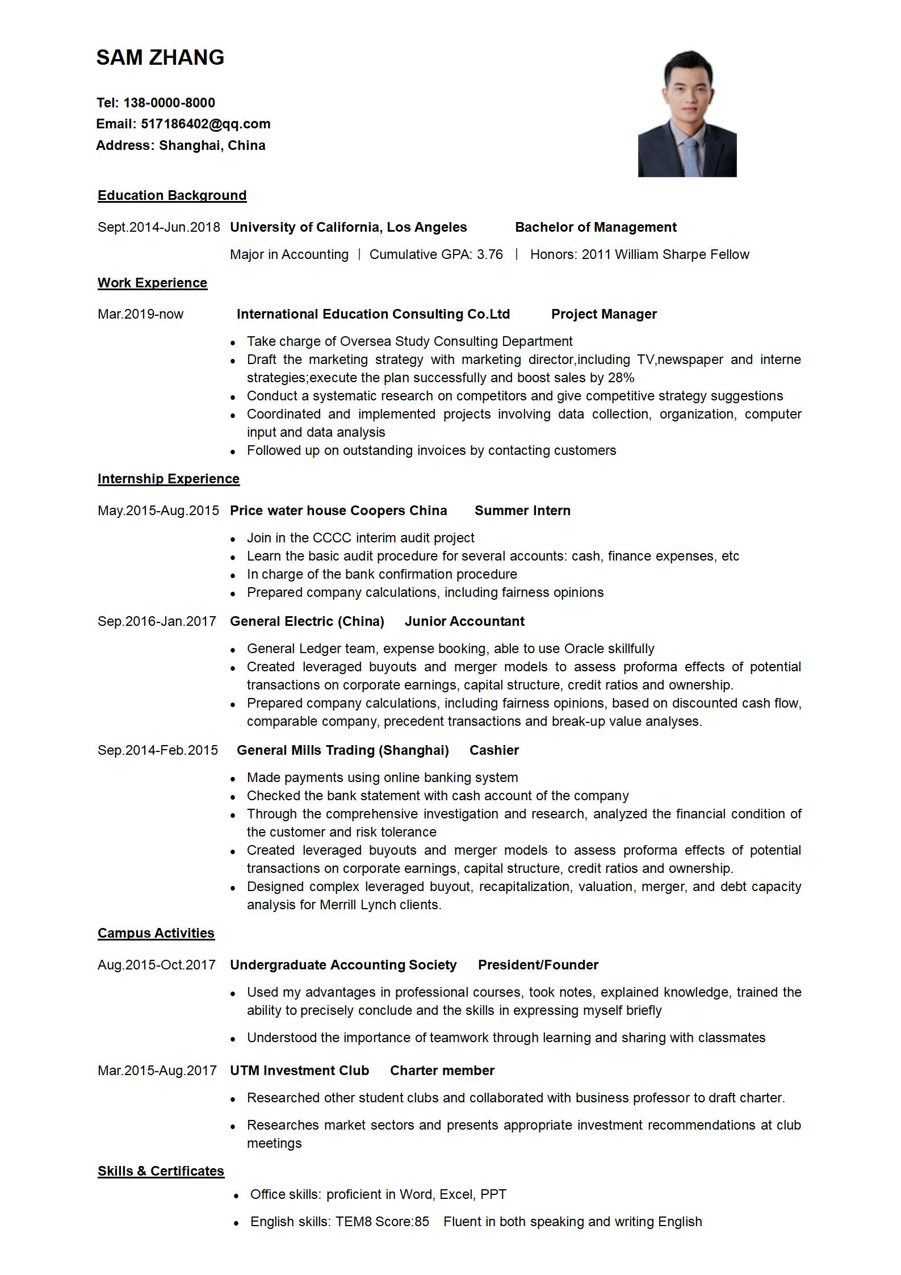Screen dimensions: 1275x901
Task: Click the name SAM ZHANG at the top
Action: tap(160, 57)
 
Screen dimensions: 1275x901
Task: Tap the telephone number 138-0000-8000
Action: tap(169, 103)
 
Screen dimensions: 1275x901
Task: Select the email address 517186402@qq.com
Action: tap(206, 124)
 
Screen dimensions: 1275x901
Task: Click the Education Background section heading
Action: tap(172, 195)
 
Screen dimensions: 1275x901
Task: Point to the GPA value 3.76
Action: tap(490, 254)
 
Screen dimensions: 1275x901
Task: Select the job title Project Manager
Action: tap(604, 314)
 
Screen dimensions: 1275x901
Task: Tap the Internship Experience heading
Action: tap(169, 479)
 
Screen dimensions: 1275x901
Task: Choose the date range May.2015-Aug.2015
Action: tap(158, 511)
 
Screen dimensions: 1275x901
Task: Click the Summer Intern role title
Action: tap(522, 511)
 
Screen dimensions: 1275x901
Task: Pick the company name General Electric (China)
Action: tap(307, 621)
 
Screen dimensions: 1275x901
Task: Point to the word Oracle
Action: tap(584, 649)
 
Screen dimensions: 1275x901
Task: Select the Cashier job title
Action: tap(494, 750)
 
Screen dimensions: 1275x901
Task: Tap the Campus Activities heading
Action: tap(156, 933)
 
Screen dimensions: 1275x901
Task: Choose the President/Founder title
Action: tap(538, 965)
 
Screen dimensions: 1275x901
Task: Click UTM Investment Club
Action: tap(299, 1071)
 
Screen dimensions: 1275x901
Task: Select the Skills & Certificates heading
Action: tap(161, 1171)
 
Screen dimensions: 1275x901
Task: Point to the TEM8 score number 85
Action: tap(422, 1222)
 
